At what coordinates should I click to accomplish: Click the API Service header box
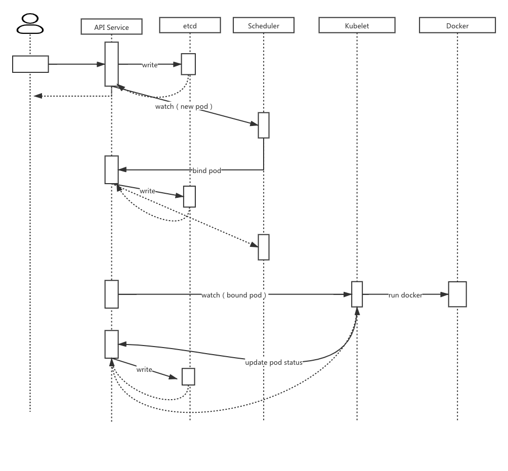[111, 27]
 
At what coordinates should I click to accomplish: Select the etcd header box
[190, 25]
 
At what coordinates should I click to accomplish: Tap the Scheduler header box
[263, 25]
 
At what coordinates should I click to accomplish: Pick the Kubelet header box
[357, 25]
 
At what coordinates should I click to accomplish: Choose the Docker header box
[457, 25]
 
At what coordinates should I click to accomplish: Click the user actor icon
[30, 24]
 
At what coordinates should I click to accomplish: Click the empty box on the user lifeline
[30, 64]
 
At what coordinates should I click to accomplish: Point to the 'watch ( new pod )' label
[184, 107]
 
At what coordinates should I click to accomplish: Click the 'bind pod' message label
[207, 170]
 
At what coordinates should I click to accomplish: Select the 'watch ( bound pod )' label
[234, 295]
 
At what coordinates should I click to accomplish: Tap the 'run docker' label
[405, 295]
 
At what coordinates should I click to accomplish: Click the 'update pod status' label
[274, 362]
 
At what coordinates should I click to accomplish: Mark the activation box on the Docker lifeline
[457, 294]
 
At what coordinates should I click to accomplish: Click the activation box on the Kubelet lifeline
[357, 294]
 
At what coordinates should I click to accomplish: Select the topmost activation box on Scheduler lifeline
[264, 125]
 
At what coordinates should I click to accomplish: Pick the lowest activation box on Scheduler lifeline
[264, 247]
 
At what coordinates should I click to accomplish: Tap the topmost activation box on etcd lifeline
[188, 64]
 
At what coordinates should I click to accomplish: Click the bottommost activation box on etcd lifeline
[188, 376]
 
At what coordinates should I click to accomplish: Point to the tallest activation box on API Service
[111, 64]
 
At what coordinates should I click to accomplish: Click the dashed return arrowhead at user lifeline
[37, 96]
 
